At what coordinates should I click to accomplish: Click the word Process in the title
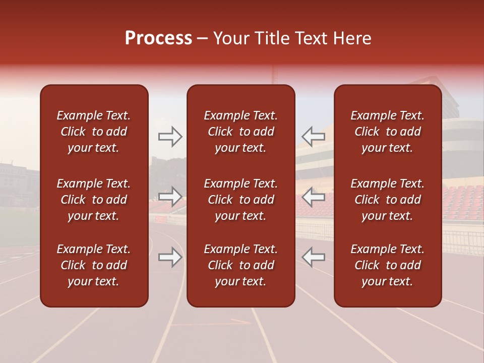[158, 38]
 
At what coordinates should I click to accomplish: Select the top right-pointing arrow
[170, 136]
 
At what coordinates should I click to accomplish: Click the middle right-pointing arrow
[170, 197]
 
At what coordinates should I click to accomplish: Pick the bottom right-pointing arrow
[170, 257]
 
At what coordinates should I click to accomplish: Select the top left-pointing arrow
[313, 136]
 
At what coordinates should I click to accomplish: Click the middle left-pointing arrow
[313, 197]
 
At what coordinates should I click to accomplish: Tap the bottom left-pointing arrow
[313, 257]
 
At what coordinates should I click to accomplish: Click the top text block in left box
[94, 132]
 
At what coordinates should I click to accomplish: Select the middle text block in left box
[94, 200]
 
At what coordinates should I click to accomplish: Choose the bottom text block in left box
[94, 265]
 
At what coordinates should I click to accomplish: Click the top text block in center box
[240, 132]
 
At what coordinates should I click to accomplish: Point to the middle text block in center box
[240, 200]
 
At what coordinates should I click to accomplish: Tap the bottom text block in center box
[240, 265]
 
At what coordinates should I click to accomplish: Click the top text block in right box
[387, 132]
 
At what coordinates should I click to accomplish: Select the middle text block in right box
[387, 200]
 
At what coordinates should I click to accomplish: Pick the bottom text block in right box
[387, 265]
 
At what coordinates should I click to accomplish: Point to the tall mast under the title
[275, 78]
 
